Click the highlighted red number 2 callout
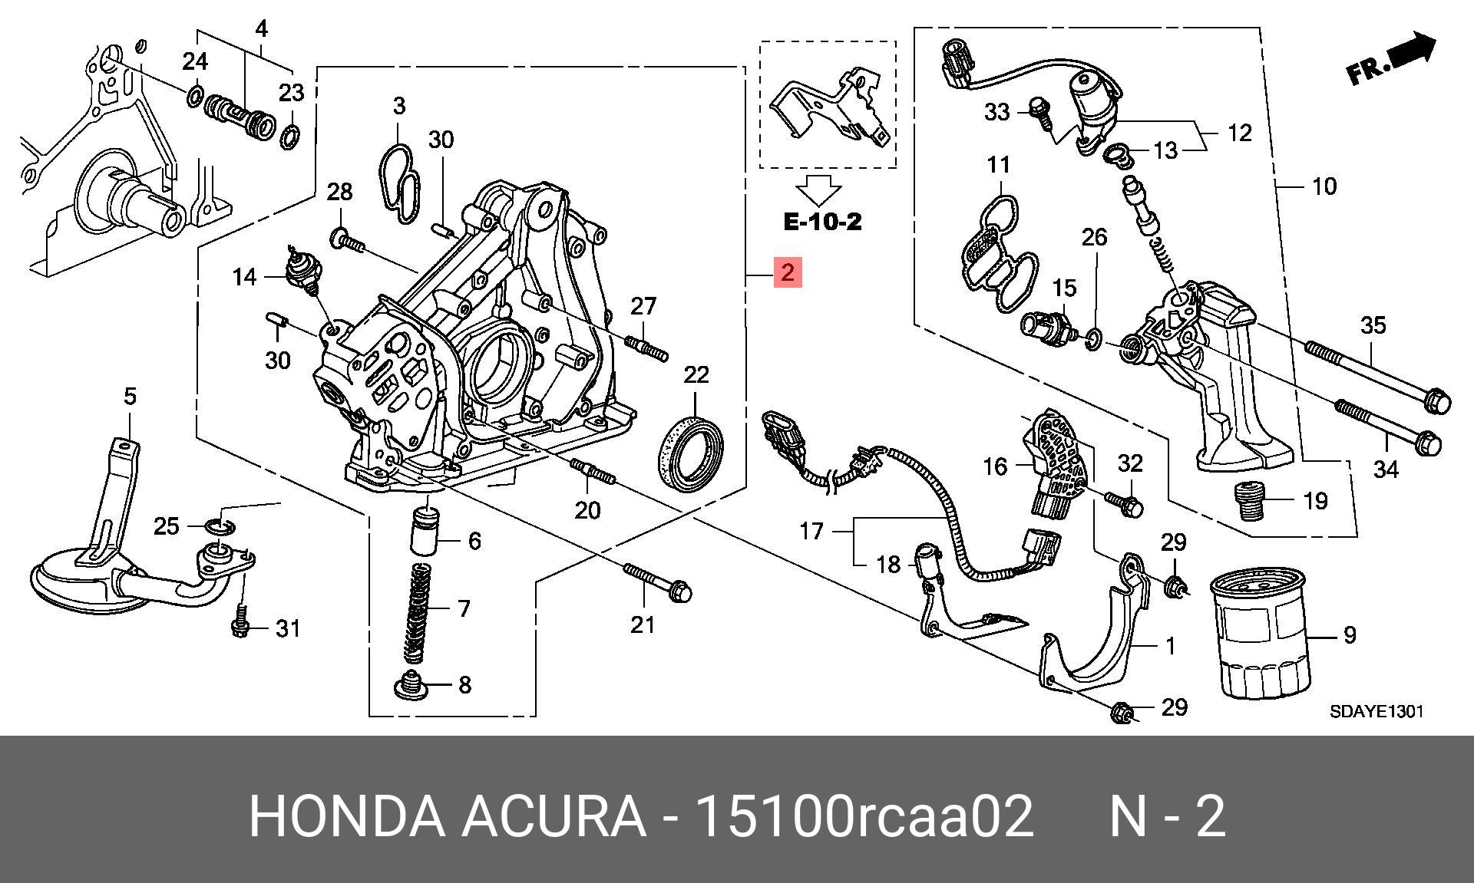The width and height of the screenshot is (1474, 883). point(788,272)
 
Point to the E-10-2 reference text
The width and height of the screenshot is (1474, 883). point(822,222)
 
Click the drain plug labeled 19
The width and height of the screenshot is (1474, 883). point(1250,501)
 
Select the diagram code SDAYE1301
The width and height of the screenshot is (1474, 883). point(1377,711)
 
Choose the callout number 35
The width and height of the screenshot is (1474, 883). point(1373,325)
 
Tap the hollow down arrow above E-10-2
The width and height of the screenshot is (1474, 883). point(818,189)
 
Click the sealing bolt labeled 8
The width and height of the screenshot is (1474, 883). point(413,686)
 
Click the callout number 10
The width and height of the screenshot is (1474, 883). point(1324,186)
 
